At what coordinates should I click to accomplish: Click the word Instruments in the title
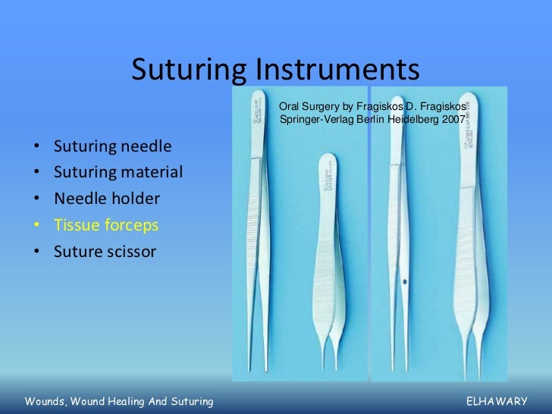pos(334,71)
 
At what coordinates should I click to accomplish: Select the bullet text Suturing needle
pos(112,146)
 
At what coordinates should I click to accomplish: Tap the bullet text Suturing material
pos(118,172)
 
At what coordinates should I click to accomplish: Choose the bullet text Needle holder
pos(106,199)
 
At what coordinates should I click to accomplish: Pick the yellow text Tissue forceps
pos(106,225)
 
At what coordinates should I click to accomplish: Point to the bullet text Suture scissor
pos(105,252)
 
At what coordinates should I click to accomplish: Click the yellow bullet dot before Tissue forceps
pos(38,226)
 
